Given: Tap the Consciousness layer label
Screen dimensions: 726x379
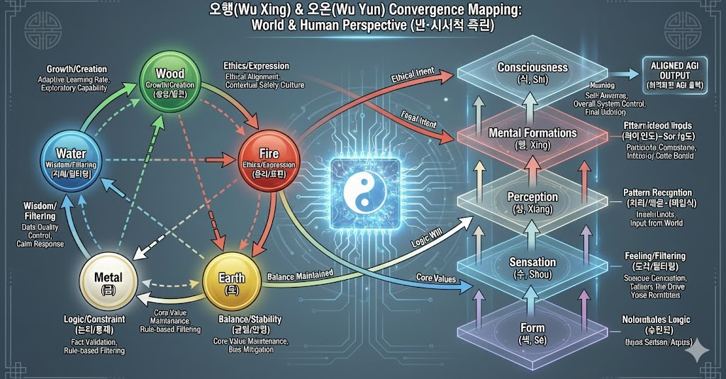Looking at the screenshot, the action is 532,67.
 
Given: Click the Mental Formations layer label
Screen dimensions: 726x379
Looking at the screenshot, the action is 532,132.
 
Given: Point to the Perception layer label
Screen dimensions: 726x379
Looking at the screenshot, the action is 532,197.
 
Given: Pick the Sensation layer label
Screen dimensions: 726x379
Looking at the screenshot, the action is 532,262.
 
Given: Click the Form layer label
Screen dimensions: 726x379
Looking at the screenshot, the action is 532,328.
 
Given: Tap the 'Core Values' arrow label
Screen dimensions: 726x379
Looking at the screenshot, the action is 435,278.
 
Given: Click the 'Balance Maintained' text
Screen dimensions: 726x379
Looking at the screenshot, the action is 300,274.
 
